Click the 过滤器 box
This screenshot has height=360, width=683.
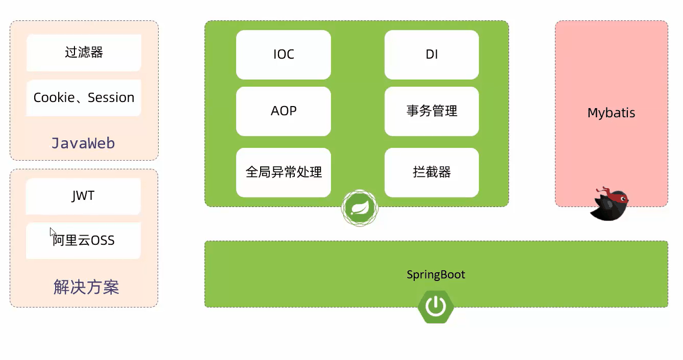pyautogui.click(x=84, y=53)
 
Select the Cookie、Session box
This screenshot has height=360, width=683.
pyautogui.click(x=84, y=98)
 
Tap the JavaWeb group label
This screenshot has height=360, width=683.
pyautogui.click(x=83, y=143)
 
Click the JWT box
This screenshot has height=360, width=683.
pyautogui.click(x=83, y=196)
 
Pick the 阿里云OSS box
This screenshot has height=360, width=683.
pyautogui.click(x=83, y=241)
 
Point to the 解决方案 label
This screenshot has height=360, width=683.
pyautogui.click(x=86, y=287)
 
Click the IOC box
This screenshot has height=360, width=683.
pyautogui.click(x=284, y=55)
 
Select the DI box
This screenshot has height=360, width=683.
pyautogui.click(x=432, y=55)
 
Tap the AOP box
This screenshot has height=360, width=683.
pyautogui.click(x=284, y=111)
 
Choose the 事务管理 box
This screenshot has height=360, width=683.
pyautogui.click(x=432, y=111)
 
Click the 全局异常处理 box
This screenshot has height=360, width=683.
pyautogui.click(x=284, y=172)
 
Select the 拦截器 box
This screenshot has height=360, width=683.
pyautogui.click(x=432, y=172)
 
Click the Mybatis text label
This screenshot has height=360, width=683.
pyautogui.click(x=611, y=113)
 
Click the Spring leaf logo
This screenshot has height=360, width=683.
pyautogui.click(x=360, y=208)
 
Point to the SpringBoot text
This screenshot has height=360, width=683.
pyautogui.click(x=436, y=275)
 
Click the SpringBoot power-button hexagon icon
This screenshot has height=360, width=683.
pyautogui.click(x=436, y=306)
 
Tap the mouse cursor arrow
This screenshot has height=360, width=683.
pyautogui.click(x=53, y=233)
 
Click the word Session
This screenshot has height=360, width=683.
pyautogui.click(x=111, y=98)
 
